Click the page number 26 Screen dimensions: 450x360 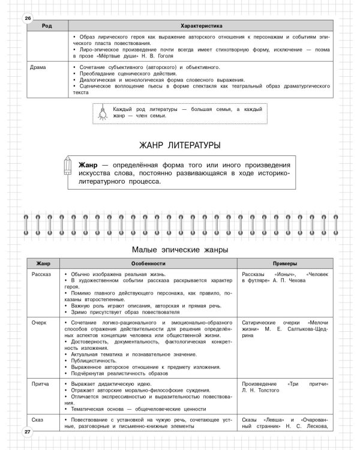[x=27, y=18]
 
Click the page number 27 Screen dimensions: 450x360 [x=27, y=432]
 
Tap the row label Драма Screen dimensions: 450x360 [x=38, y=67]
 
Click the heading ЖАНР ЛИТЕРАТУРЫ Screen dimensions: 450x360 [x=179, y=145]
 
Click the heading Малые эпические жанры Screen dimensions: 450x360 [x=179, y=249]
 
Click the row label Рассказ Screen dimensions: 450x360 [x=42, y=274]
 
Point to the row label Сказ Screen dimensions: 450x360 [x=38, y=419]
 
